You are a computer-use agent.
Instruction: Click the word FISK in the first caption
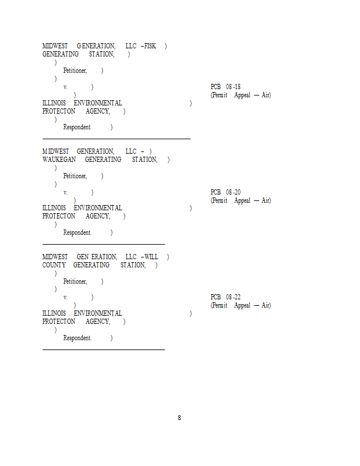pyautogui.click(x=150, y=46)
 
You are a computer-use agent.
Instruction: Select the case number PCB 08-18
pyautogui.click(x=225, y=87)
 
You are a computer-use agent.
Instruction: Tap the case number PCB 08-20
pyautogui.click(x=225, y=192)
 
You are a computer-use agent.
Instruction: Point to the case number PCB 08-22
pyautogui.click(x=225, y=297)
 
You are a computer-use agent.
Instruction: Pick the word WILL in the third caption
pyautogui.click(x=151, y=257)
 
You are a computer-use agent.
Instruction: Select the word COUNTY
pyautogui.click(x=54, y=265)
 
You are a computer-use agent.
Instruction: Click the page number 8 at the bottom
pyautogui.click(x=179, y=418)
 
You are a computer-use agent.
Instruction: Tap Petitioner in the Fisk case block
pyautogui.click(x=75, y=70)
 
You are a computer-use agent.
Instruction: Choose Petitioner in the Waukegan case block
pyautogui.click(x=75, y=176)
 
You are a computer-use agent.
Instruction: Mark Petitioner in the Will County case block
pyautogui.click(x=75, y=281)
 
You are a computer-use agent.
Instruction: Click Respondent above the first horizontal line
pyautogui.click(x=77, y=127)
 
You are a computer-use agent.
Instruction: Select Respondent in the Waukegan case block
pyautogui.click(x=77, y=232)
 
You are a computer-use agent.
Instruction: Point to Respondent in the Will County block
pyautogui.click(x=77, y=338)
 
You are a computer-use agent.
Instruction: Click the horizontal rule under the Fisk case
pyautogui.click(x=117, y=139)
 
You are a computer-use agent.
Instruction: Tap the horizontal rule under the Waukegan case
pyautogui.click(x=104, y=244)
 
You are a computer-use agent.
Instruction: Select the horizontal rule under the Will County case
pyautogui.click(x=104, y=349)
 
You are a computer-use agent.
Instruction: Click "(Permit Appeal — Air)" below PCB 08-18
pyautogui.click(x=241, y=95)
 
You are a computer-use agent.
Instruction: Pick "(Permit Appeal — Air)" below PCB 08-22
pyautogui.click(x=241, y=305)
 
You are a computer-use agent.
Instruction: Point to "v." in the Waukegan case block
pyautogui.click(x=66, y=192)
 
